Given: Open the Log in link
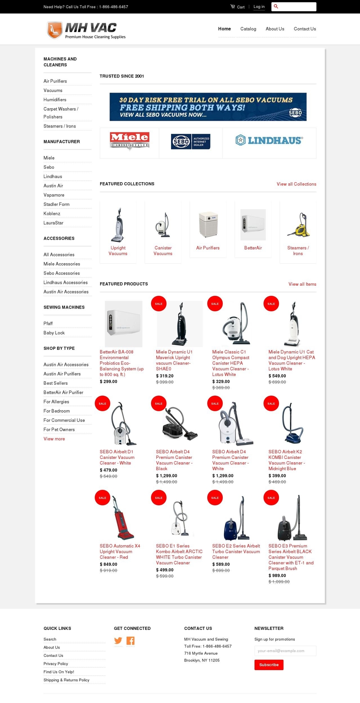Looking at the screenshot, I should point(259,7).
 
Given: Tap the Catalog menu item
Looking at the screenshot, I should point(248,29).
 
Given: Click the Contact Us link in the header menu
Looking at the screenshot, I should point(305,29).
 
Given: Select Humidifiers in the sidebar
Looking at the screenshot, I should point(55,100).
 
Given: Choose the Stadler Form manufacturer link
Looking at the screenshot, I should point(56,204).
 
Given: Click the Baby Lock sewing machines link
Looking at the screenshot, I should point(54,333).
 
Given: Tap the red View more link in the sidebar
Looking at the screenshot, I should point(54,439).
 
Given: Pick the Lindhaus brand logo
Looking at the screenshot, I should point(269,141).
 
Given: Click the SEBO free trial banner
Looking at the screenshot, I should point(208,107).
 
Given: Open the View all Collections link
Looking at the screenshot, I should point(296,184).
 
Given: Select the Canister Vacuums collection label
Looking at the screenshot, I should point(163,251).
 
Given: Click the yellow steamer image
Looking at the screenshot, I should point(298,225).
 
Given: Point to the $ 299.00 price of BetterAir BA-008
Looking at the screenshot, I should point(108,382).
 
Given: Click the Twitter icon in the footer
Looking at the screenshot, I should point(118,641).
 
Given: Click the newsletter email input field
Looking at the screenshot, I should point(285,651).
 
